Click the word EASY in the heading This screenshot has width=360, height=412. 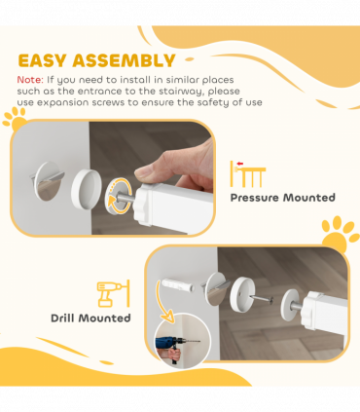click(x=42, y=60)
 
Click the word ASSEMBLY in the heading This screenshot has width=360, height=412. click(x=124, y=60)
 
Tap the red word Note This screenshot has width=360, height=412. click(x=30, y=80)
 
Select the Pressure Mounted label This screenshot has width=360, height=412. click(x=282, y=198)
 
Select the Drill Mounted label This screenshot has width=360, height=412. click(x=90, y=318)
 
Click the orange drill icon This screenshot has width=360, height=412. click(x=114, y=293)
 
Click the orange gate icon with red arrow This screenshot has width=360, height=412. click(x=248, y=174)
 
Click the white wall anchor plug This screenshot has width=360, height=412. click(x=178, y=284)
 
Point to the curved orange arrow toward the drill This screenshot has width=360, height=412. click(x=162, y=302)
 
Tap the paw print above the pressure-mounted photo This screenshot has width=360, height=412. click(x=15, y=120)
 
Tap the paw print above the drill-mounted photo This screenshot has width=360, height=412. click(x=340, y=233)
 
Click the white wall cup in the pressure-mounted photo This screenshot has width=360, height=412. click(x=86, y=188)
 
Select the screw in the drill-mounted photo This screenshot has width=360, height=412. click(x=262, y=299)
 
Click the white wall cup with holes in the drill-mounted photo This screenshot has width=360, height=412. click(x=242, y=294)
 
